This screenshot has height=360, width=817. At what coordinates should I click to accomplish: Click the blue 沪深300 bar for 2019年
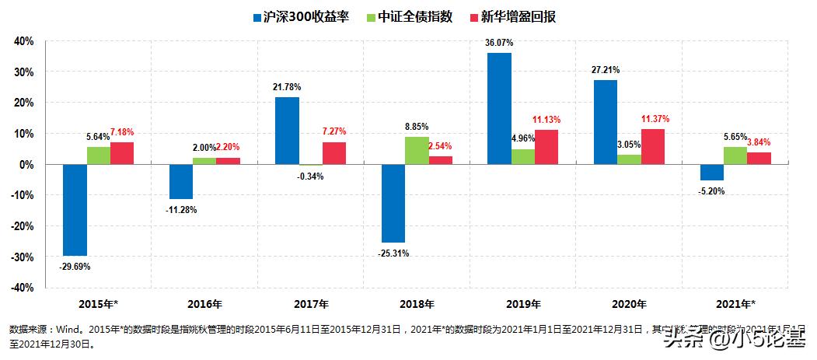(499, 109)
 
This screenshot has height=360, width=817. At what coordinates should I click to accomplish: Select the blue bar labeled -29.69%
(75, 210)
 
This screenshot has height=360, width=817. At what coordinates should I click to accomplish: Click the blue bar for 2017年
(287, 131)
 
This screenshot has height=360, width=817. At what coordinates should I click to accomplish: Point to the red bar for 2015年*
(122, 153)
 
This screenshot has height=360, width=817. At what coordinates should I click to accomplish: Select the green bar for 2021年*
(735, 156)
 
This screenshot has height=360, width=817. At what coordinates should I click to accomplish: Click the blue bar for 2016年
(181, 182)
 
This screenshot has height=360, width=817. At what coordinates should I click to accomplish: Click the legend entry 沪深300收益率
(309, 16)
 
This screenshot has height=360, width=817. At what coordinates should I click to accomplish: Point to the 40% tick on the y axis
(23, 40)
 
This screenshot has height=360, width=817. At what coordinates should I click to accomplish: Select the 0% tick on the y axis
(26, 165)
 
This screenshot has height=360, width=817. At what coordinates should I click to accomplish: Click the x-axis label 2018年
(417, 304)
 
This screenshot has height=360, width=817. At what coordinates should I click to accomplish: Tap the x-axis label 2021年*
(735, 304)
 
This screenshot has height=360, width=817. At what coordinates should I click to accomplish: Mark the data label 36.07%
(499, 43)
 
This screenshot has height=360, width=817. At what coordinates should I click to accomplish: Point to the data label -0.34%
(310, 177)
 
